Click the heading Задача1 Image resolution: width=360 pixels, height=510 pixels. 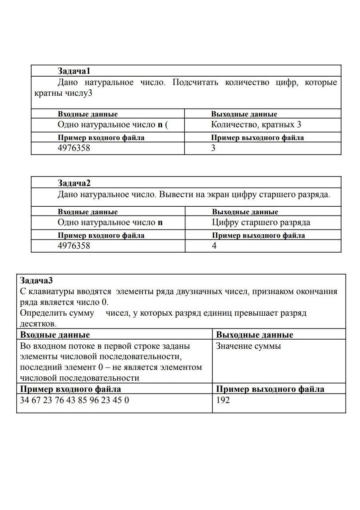point(74,71)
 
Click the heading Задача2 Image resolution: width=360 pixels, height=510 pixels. point(74,183)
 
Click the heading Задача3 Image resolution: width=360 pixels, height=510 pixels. point(36,280)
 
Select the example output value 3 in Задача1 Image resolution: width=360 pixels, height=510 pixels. point(213,148)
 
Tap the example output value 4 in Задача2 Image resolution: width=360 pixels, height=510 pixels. point(214,246)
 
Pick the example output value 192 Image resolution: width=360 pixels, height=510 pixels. point(223,400)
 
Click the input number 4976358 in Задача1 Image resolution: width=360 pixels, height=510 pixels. point(74,148)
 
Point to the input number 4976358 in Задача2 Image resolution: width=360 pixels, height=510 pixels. point(74,246)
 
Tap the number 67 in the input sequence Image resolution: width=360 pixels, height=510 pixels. point(36,400)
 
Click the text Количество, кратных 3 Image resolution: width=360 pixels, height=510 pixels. point(256,125)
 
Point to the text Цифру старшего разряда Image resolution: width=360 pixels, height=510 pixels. point(261,222)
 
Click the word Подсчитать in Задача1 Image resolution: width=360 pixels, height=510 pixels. point(195,83)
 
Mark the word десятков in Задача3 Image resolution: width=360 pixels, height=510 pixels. point(38,324)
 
